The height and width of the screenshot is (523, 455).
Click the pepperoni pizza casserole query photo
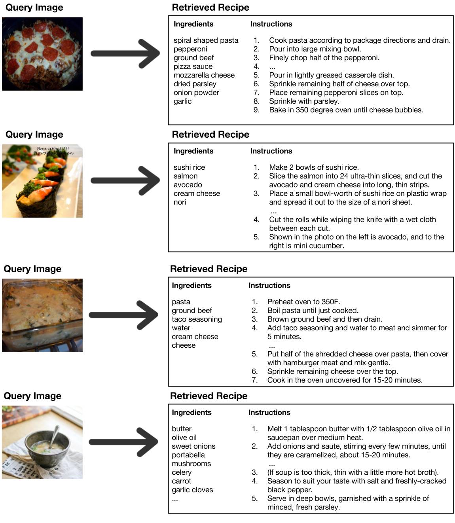[42, 54]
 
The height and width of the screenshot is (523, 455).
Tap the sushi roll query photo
[42, 181]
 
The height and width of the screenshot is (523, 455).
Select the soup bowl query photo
[42, 442]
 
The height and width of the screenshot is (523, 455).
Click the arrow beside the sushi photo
[125, 181]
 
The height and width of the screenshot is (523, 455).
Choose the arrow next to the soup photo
[123, 442]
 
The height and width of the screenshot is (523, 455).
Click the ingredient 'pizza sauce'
[193, 66]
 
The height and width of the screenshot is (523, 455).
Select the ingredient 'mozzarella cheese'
[204, 75]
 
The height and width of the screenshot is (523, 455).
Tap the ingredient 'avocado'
[188, 185]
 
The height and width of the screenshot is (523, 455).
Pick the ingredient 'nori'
[180, 202]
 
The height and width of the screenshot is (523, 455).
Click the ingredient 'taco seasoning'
[197, 319]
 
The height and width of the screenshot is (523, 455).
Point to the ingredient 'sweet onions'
[194, 446]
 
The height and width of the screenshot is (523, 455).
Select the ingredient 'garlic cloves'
[192, 490]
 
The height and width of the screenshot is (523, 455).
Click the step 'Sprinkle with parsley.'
[304, 101]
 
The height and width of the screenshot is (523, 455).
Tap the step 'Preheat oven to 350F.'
[303, 302]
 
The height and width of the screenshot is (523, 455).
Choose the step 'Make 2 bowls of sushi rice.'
[314, 167]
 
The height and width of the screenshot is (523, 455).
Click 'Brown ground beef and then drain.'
[325, 319]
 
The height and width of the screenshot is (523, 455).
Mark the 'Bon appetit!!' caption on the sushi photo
[53, 149]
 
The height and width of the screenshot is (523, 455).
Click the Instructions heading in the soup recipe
[269, 413]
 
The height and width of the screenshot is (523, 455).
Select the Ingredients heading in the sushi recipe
[193, 151]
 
